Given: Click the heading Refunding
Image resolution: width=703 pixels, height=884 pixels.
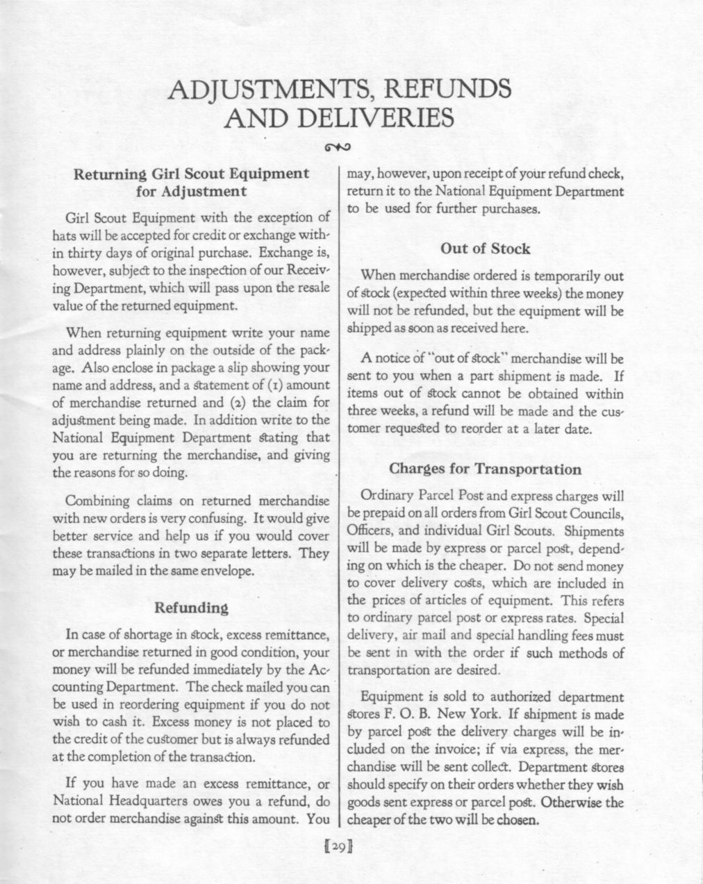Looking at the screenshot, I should tap(190, 608).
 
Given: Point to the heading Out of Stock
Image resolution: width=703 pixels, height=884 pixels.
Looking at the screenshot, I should tap(485, 249).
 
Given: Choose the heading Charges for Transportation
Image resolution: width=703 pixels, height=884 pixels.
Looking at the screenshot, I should tap(485, 469).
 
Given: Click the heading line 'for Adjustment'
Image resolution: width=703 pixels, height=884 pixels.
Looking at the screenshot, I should tap(191, 190).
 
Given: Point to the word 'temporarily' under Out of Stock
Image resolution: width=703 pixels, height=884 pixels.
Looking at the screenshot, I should tap(557, 276).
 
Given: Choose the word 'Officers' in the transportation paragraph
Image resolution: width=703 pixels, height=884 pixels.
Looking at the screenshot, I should tap(367, 531).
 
